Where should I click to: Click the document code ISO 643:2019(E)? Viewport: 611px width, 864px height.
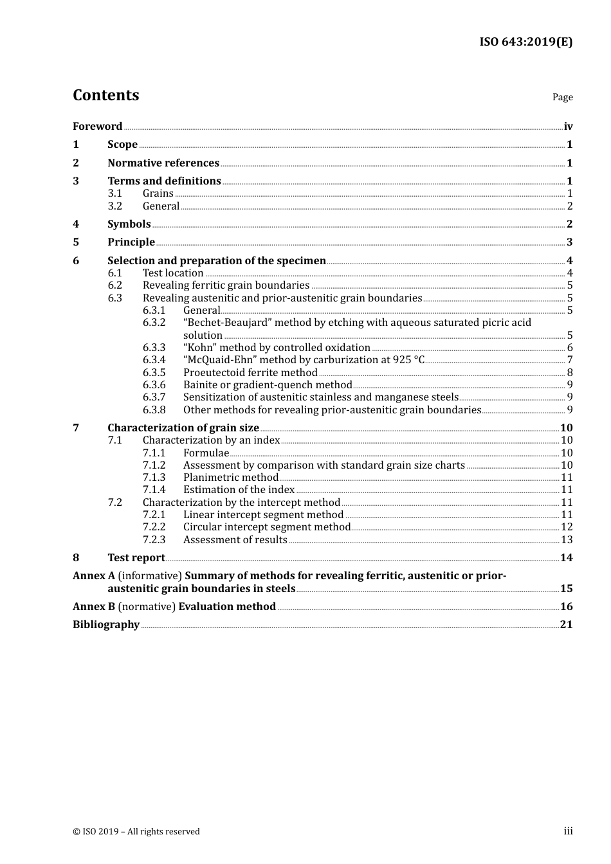point(525,42)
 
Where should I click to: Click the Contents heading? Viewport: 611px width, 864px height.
point(105,95)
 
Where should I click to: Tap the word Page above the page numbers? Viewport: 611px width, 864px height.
point(562,97)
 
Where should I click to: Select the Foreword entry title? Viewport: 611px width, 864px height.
point(97,127)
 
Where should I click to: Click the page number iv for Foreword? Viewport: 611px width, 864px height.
point(568,127)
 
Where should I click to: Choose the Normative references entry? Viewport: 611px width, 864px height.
point(163,163)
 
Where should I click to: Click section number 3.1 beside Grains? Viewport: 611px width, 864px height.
point(114,194)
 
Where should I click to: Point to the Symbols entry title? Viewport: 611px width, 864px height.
point(129,224)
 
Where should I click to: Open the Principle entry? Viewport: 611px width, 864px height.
point(131,242)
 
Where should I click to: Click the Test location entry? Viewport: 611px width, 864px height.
point(173,273)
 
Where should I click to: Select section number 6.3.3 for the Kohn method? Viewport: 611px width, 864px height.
point(154,348)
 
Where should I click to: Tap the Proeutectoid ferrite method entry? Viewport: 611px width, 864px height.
point(250,373)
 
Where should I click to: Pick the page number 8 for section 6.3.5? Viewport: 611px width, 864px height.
point(570,373)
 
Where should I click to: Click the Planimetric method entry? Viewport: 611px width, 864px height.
point(231,478)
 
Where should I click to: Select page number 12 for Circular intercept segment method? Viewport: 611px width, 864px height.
point(567,527)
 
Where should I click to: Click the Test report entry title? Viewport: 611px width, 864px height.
point(136,558)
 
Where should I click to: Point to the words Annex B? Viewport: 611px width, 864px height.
point(94,607)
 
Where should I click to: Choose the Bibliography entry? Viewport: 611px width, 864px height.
point(106,625)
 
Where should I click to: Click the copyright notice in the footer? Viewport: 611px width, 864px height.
point(136,832)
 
